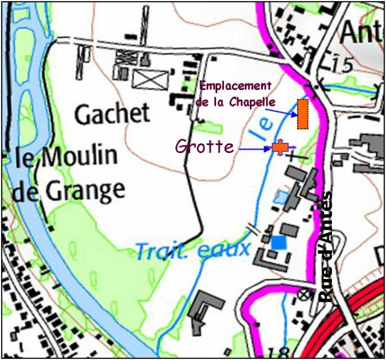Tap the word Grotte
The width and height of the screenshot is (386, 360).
[205, 146]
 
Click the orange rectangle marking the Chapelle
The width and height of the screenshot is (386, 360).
[303, 114]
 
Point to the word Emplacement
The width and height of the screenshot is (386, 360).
[235, 86]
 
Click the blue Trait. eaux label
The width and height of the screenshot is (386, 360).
[192, 248]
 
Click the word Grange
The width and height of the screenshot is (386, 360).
[90, 191]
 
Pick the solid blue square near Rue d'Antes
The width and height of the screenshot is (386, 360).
[278, 242]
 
